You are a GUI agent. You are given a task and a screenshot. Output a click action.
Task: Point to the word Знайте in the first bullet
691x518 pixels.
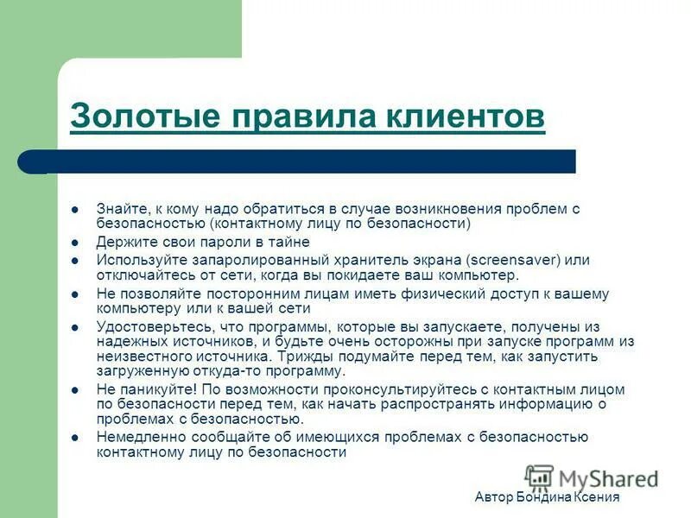pyautogui.click(x=122, y=208)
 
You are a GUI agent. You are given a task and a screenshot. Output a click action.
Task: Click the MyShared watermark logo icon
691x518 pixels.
pyautogui.click(x=539, y=477)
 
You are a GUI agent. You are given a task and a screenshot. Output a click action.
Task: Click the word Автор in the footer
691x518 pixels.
pyautogui.click(x=494, y=498)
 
